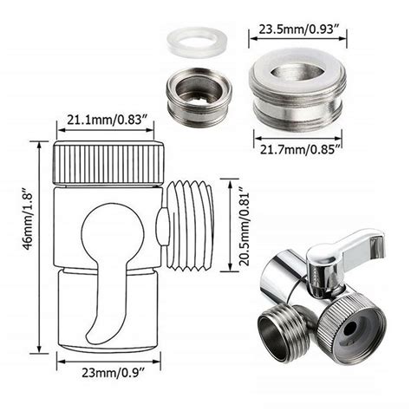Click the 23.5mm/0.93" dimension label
(x=299, y=29)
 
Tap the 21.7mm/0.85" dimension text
(x=299, y=149)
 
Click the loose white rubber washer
(x=197, y=42)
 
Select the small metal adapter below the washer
(x=199, y=97)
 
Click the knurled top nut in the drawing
(x=108, y=162)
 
